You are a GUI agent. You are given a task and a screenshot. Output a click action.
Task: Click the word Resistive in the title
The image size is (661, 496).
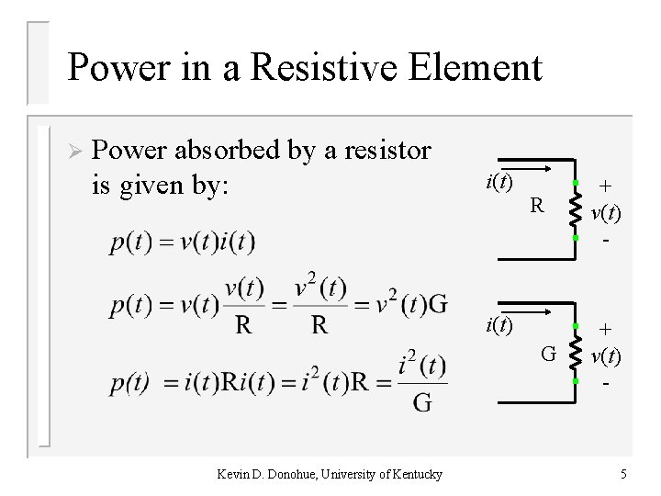322,67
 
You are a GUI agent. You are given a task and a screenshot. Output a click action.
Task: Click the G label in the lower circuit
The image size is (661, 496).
547,352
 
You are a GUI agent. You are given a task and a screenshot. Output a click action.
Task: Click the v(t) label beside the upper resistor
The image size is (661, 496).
606,213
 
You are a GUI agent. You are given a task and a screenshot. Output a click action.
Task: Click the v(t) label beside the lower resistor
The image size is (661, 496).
606,355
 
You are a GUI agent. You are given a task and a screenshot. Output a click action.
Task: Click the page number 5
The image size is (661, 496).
623,474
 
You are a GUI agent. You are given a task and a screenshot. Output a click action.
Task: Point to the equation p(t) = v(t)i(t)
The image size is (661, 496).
183,242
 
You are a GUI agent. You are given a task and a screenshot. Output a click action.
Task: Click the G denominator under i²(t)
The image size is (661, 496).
423,402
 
